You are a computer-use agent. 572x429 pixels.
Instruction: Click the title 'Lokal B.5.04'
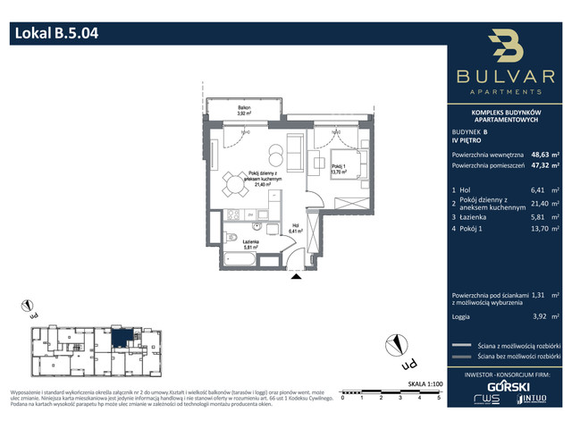(x=55, y=36)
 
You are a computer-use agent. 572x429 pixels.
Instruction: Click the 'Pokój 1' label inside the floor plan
(x=338, y=167)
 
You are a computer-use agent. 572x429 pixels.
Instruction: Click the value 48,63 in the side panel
(x=541, y=154)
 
